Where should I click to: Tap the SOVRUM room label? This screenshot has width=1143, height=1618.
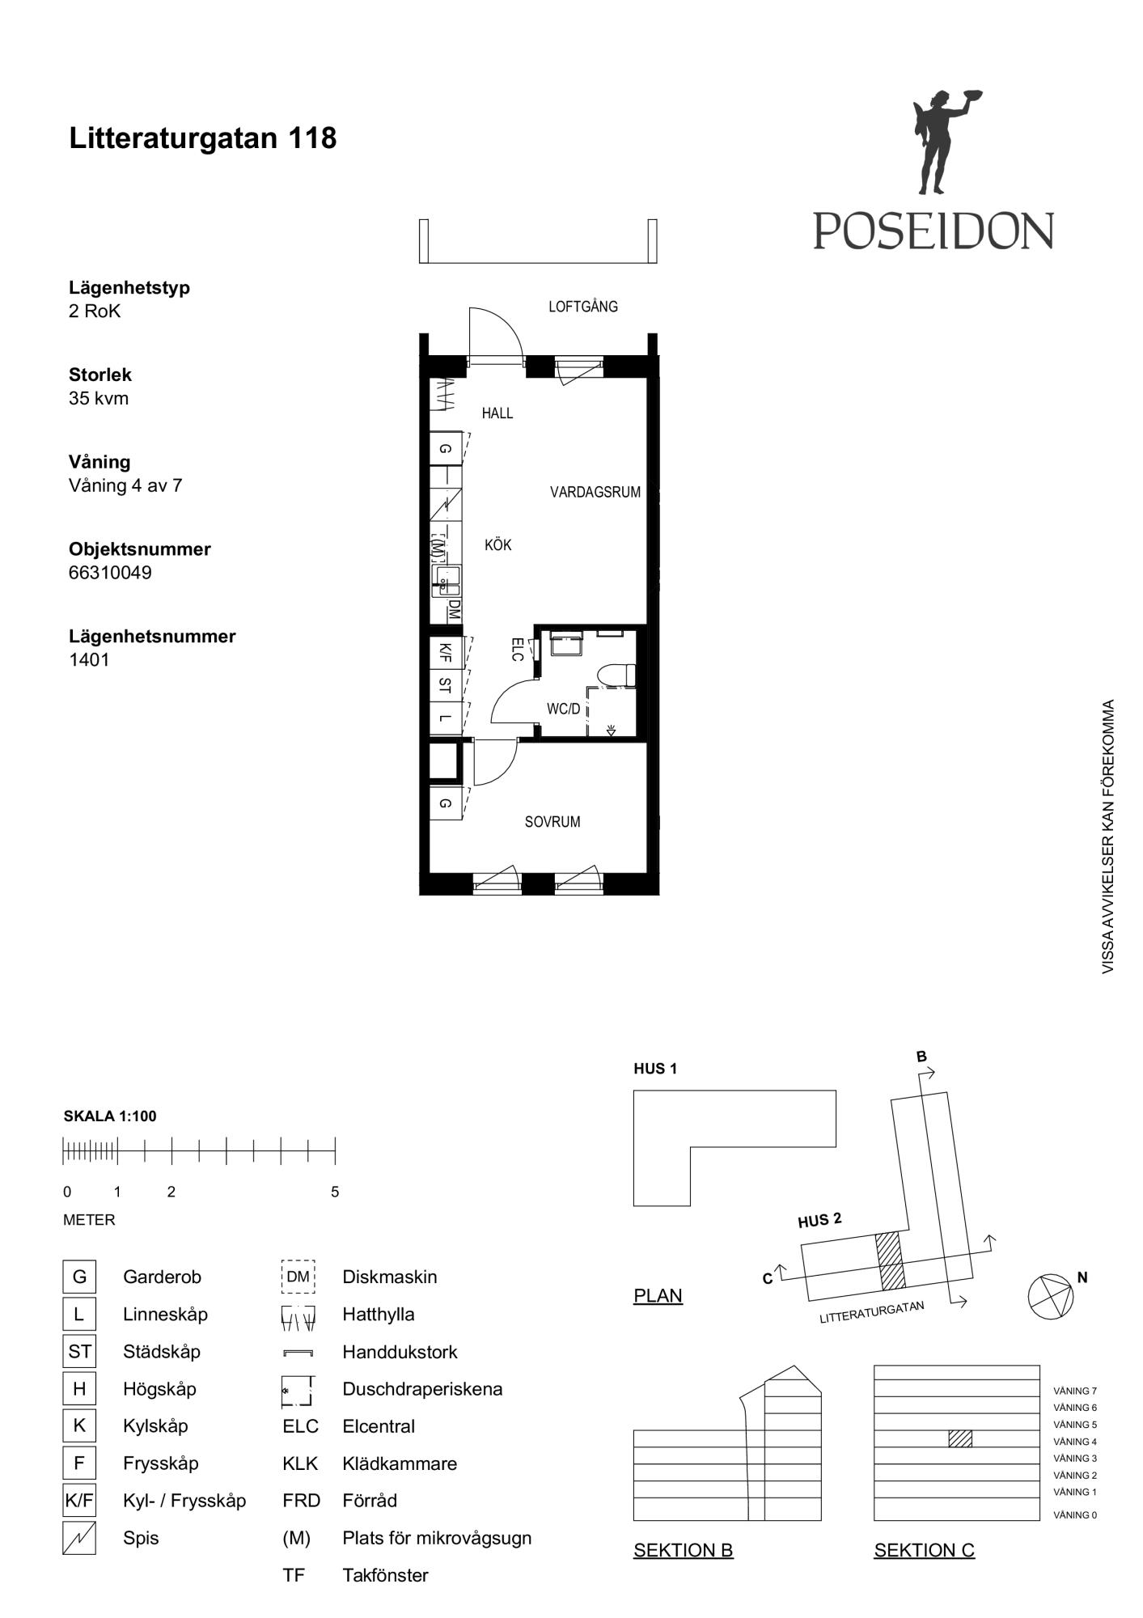(552, 822)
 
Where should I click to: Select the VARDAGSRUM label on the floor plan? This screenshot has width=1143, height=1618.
(595, 492)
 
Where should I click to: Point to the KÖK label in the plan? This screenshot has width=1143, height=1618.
(498, 545)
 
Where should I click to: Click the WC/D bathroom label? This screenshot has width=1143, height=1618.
(564, 709)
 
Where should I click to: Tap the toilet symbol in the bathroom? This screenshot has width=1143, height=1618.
(616, 676)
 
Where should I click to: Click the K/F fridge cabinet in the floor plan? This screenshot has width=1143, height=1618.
(446, 652)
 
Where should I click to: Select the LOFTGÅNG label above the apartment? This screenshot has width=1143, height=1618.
(583, 307)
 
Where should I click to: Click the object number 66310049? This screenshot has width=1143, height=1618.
(110, 573)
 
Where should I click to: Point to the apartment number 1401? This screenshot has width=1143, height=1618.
(89, 659)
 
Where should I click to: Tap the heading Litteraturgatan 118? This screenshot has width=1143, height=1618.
(203, 138)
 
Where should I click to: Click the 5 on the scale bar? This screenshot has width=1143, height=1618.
(335, 1192)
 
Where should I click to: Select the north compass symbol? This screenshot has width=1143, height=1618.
(1051, 1297)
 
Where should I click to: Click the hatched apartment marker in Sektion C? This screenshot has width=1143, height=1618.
(960, 1438)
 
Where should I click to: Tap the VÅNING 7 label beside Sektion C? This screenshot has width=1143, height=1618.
(1075, 1391)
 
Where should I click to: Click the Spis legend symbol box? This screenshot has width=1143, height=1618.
(79, 1538)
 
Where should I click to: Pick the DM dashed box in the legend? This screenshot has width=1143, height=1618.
(298, 1277)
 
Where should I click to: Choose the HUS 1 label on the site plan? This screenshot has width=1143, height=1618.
(655, 1069)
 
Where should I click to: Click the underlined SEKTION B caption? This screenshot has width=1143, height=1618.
(684, 1550)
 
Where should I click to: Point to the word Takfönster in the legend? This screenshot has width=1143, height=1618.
(385, 1575)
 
